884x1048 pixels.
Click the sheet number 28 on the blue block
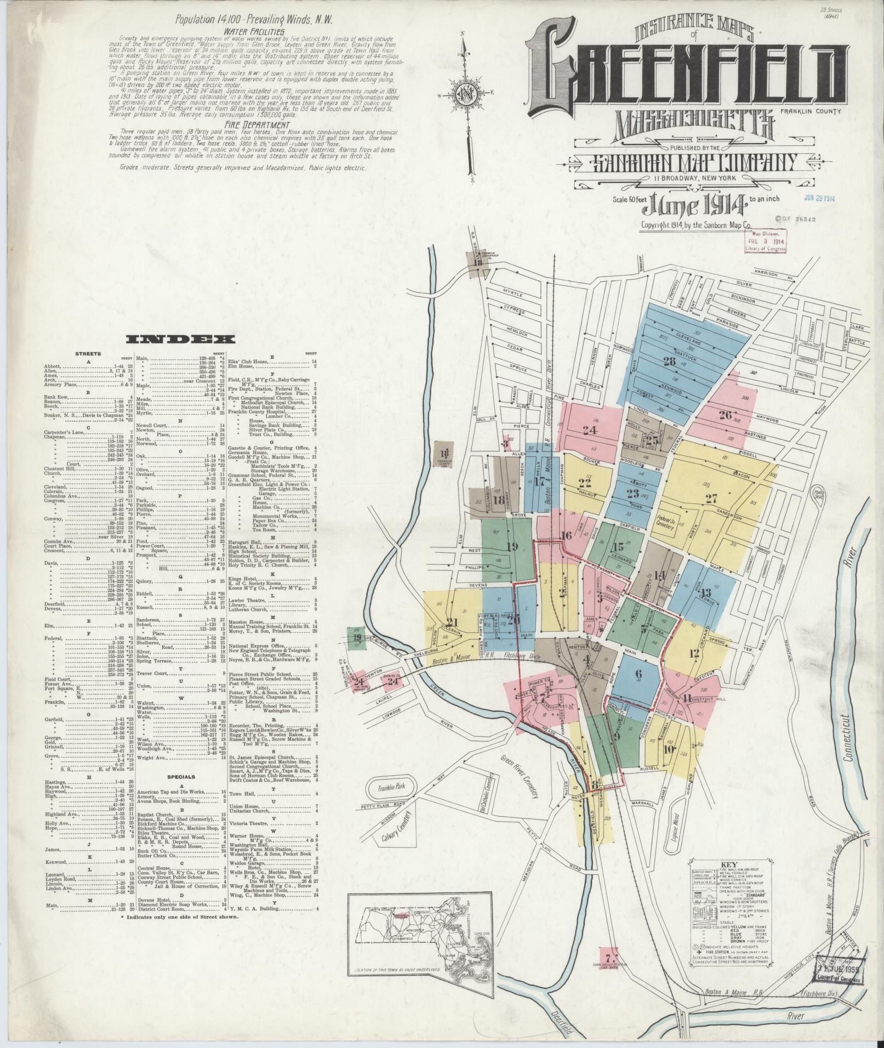click(x=669, y=361)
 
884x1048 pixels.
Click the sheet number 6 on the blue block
click(x=637, y=673)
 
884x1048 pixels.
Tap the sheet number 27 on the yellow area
click(x=711, y=499)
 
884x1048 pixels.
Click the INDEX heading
click(x=181, y=340)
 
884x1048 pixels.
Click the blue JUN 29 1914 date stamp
click(x=819, y=198)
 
